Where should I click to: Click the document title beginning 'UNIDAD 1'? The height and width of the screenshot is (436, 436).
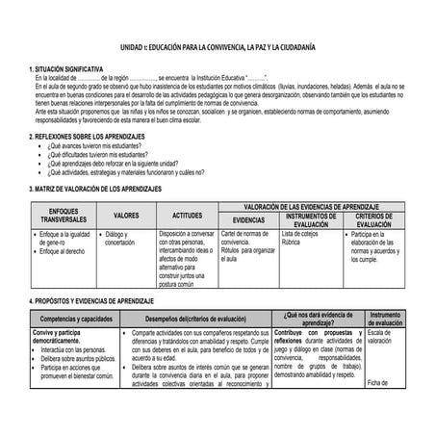[x=217, y=48]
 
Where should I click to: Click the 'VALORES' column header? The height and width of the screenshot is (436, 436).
[x=126, y=216]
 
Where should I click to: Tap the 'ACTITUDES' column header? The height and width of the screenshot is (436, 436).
[x=187, y=216]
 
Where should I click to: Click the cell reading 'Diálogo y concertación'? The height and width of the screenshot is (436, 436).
[x=121, y=238]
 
